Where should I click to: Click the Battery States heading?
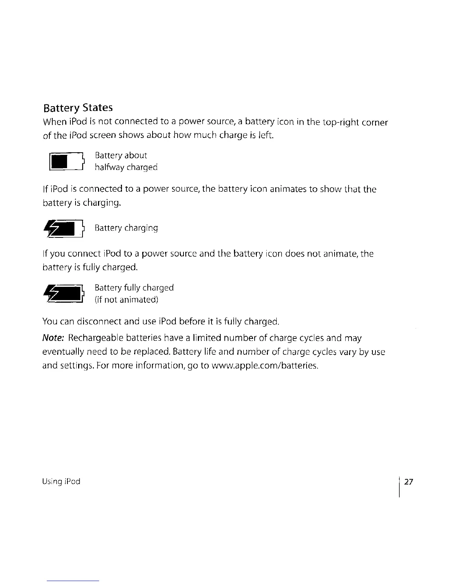tap(78, 108)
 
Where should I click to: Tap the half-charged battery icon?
tap(67, 162)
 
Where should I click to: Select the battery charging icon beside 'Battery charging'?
tap(64, 229)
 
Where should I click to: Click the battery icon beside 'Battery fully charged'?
tap(64, 294)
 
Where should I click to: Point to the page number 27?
tap(409, 482)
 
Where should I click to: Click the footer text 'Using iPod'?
tap(62, 482)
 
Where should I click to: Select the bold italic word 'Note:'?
tap(54, 338)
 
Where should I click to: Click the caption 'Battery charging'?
tap(126, 228)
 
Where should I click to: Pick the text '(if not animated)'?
tap(126, 299)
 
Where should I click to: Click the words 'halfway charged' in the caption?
tap(126, 167)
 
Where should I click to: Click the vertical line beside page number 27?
tap(399, 487)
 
